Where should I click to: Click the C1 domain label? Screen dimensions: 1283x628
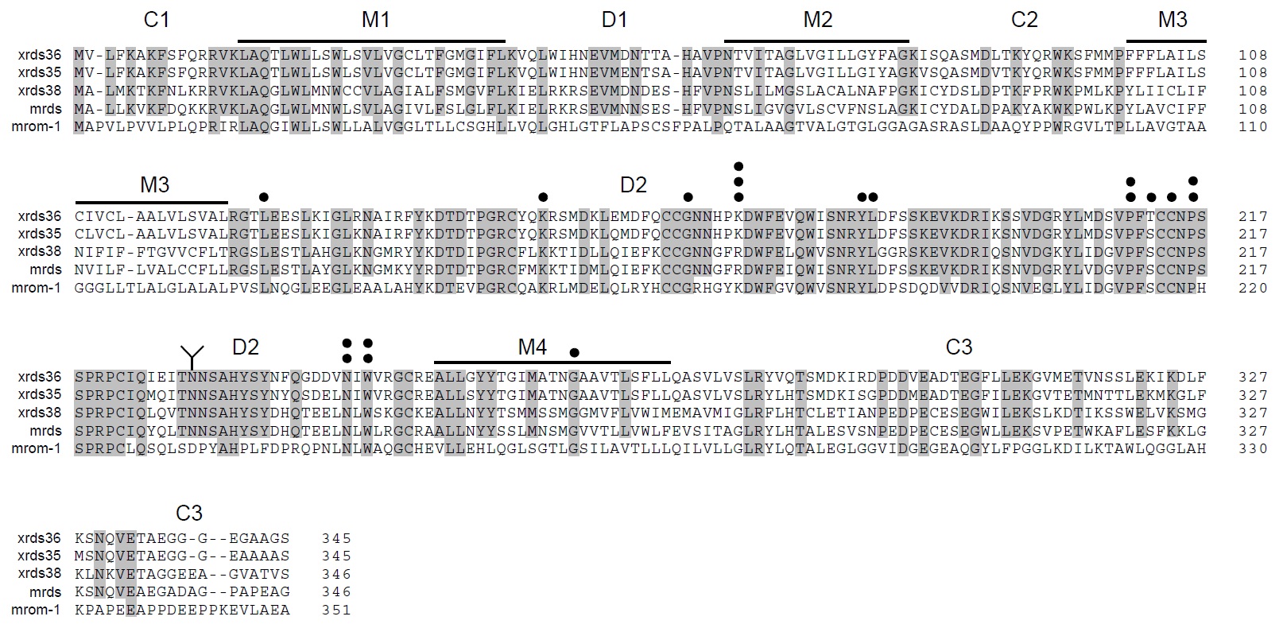tap(157, 20)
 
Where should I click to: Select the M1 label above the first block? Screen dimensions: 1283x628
tap(376, 20)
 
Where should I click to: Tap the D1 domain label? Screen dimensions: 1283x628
tap(614, 20)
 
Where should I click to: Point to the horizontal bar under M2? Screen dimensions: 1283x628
tap(816, 41)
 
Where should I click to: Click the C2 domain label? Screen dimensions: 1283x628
tap(1024, 20)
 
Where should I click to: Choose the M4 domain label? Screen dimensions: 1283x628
tap(532, 347)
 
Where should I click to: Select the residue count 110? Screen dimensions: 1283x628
tap(1253, 126)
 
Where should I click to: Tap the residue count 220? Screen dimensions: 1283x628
tap(1253, 288)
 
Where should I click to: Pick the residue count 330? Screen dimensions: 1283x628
tap(1253, 448)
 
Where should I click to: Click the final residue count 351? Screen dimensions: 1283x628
tap(336, 610)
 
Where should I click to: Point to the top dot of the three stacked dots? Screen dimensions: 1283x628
tap(738, 167)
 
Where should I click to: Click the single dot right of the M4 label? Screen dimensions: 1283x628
tap(575, 352)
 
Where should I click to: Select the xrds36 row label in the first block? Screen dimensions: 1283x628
tap(40, 55)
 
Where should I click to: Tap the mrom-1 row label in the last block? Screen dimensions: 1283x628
tap(36, 610)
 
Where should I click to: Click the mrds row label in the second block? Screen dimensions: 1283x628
tap(46, 269)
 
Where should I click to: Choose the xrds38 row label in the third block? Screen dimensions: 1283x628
tap(40, 413)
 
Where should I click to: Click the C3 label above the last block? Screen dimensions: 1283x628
tap(189, 513)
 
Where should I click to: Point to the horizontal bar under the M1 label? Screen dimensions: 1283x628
tap(371, 41)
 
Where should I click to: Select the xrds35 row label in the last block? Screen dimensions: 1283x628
tap(40, 556)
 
